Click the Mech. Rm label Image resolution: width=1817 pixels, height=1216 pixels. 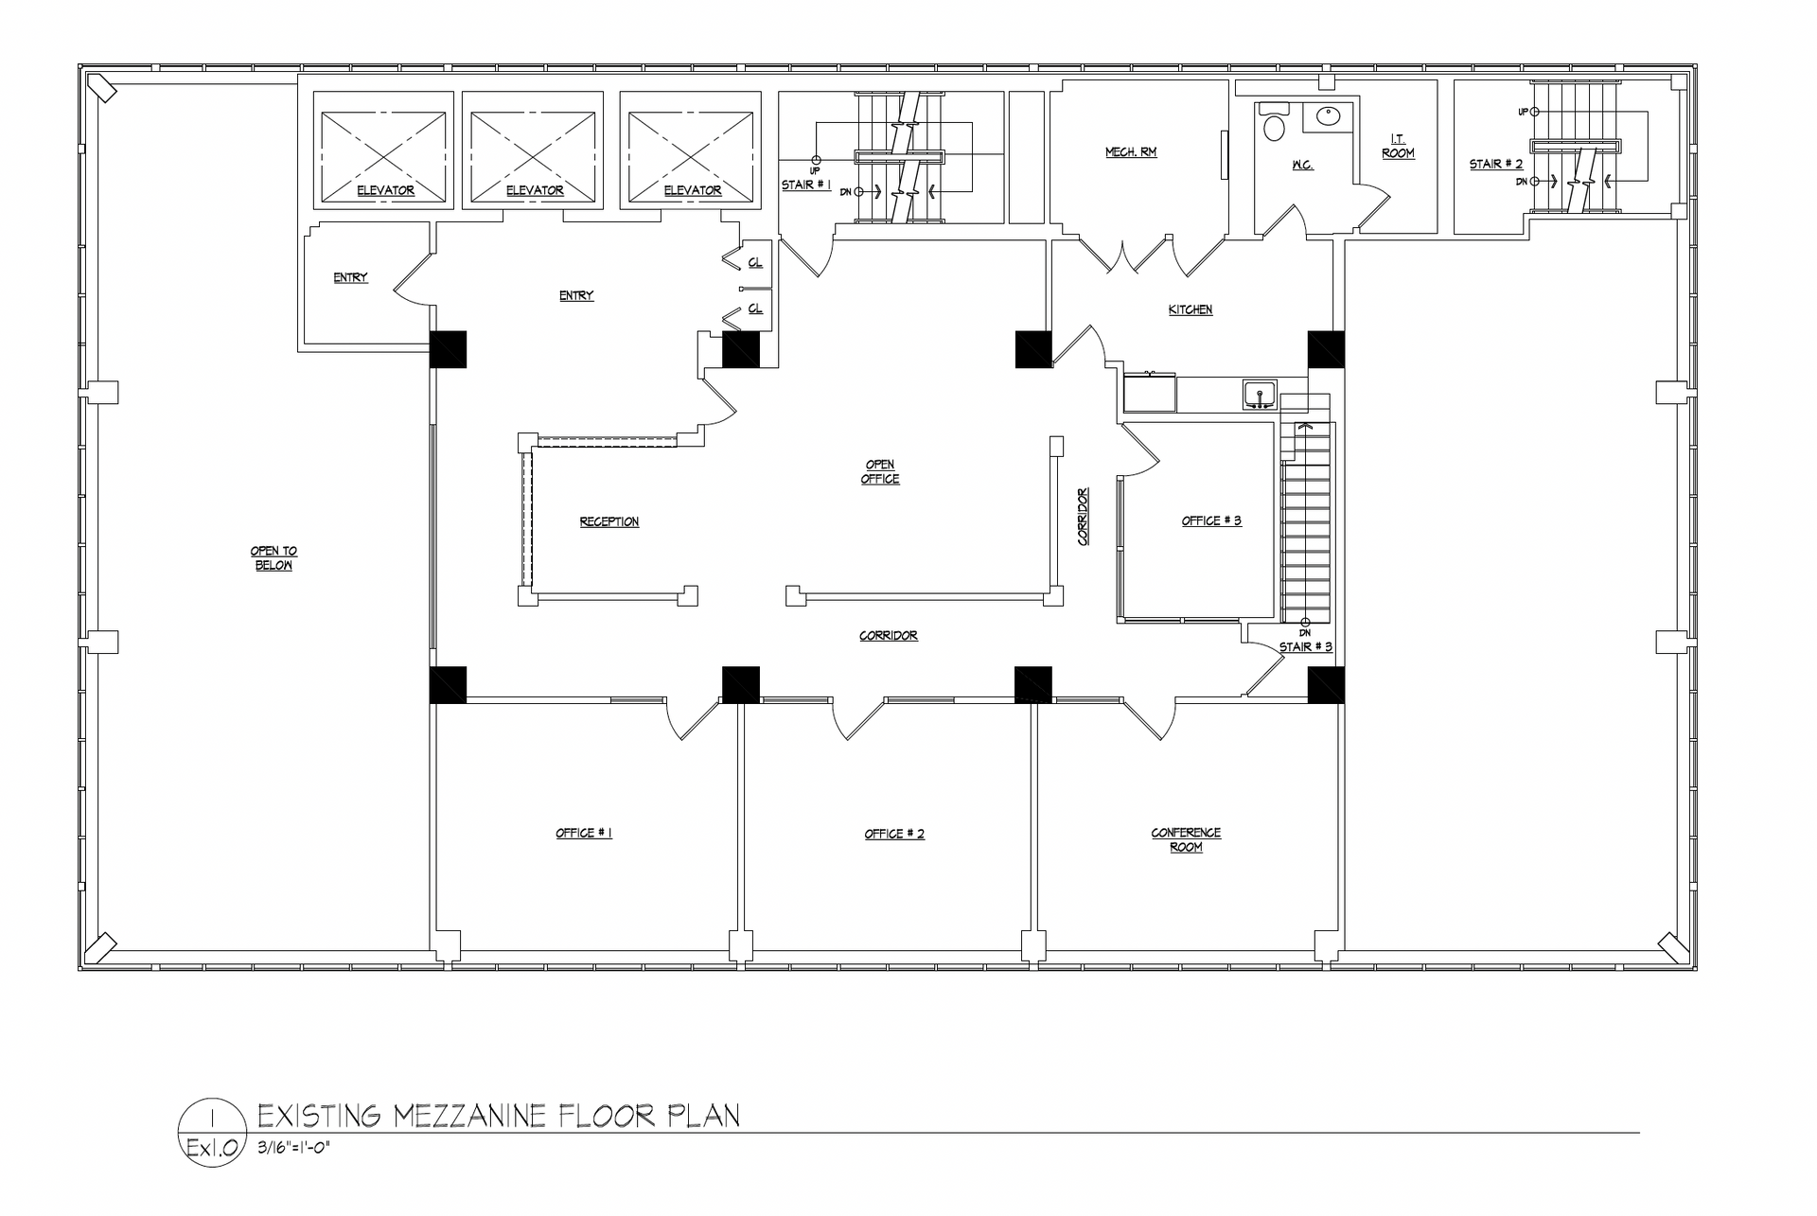(x=1131, y=152)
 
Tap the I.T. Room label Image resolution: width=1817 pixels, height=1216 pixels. (x=1398, y=146)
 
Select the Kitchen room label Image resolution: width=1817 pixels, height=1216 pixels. (x=1191, y=309)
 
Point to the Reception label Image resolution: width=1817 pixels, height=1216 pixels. (x=609, y=522)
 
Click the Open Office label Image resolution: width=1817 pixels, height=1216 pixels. (x=880, y=472)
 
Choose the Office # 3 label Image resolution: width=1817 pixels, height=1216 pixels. (x=1211, y=521)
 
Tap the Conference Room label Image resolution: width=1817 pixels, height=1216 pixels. (x=1186, y=840)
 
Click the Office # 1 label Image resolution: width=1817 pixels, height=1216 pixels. (x=584, y=834)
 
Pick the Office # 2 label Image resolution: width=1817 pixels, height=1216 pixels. (x=894, y=834)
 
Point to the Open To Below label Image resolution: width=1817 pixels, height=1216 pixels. (x=273, y=558)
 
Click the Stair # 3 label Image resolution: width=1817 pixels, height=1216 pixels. (x=1306, y=647)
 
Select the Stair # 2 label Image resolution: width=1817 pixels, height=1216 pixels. (x=1496, y=165)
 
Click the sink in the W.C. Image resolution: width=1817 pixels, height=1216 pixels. (x=1329, y=117)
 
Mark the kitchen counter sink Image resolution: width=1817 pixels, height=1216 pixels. (x=1260, y=395)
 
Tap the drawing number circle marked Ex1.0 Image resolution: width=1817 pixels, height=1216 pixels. (x=211, y=1133)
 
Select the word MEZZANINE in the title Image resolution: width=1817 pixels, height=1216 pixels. (x=469, y=1116)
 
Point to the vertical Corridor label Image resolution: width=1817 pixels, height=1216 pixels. (x=1084, y=516)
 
